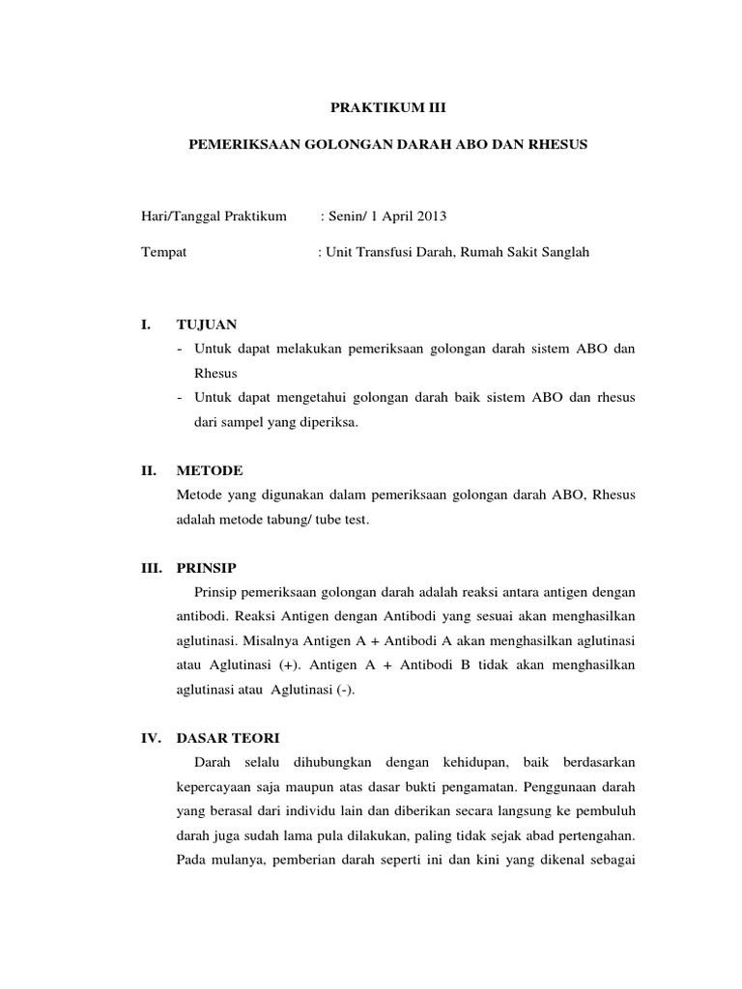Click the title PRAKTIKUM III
pos(370,111)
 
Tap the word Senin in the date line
pos(346,216)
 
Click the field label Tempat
pos(163,252)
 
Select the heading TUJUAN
pos(206,324)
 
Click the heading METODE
pos(210,470)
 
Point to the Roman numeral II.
pos(148,470)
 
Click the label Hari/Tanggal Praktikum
pos(214,216)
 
